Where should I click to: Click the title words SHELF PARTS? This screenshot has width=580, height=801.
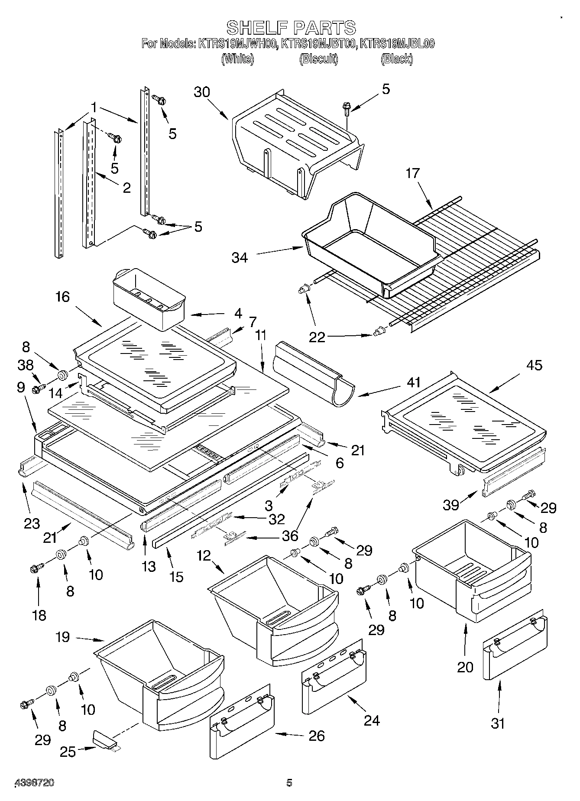point(291,27)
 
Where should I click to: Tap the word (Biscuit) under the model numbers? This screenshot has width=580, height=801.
point(318,59)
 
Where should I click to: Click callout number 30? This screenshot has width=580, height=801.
point(202,92)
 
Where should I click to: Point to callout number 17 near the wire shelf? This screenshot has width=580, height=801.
point(413,173)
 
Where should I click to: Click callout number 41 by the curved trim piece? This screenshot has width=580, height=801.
point(414,382)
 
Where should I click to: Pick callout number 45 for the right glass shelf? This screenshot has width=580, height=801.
point(534,365)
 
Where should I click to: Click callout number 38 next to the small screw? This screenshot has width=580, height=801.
point(26,365)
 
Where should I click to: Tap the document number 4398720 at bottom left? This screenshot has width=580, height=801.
point(35,783)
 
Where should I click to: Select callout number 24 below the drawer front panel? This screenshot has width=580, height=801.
point(372,720)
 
